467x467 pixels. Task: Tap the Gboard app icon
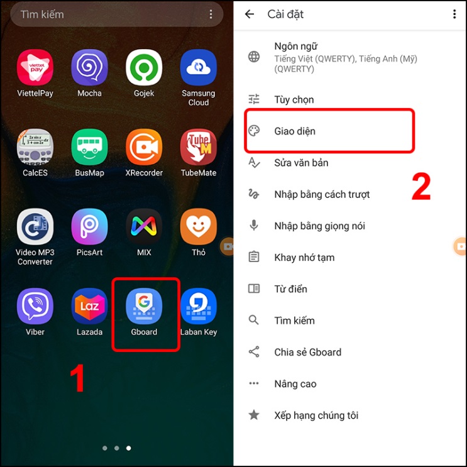click(x=144, y=307)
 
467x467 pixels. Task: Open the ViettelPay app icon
click(x=35, y=68)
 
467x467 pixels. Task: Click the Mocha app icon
click(x=89, y=68)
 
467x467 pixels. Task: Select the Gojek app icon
click(x=144, y=68)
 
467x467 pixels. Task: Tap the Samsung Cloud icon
click(x=199, y=68)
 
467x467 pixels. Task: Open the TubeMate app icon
click(x=199, y=148)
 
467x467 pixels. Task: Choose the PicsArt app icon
click(x=89, y=227)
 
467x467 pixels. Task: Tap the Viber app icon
click(x=35, y=307)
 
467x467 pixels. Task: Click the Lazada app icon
click(x=89, y=307)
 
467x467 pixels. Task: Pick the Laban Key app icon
click(x=199, y=307)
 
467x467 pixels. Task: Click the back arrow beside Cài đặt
click(x=250, y=14)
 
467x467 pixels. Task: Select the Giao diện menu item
click(x=295, y=131)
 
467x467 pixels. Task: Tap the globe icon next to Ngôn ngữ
click(x=254, y=57)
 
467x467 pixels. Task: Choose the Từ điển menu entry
click(x=290, y=289)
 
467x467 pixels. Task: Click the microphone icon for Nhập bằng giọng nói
click(x=254, y=226)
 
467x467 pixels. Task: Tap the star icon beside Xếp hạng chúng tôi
click(x=254, y=415)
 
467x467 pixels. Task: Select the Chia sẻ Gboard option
click(x=307, y=352)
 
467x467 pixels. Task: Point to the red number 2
click(x=421, y=187)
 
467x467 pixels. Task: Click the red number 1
click(x=77, y=379)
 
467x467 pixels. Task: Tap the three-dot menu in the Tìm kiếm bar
click(x=211, y=14)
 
